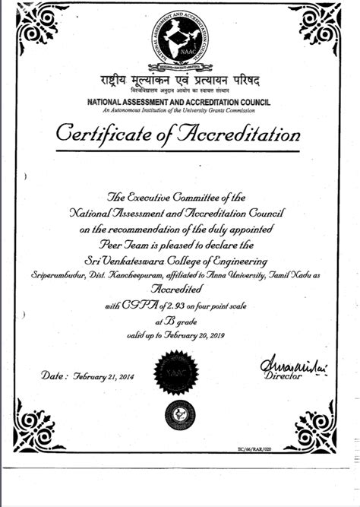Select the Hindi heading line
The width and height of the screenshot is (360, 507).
click(180, 81)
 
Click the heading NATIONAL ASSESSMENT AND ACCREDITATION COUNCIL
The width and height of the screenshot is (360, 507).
click(180, 101)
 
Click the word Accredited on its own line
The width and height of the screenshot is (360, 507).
click(179, 290)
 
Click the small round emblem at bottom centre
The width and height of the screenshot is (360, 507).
click(180, 414)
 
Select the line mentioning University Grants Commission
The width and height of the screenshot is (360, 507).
click(180, 111)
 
